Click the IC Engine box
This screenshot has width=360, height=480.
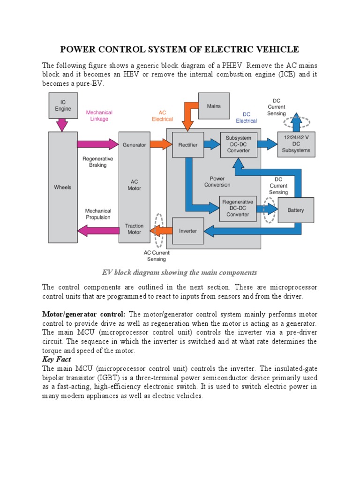(63, 105)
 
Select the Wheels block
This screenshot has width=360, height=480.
(63, 187)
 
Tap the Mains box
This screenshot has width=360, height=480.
(214, 106)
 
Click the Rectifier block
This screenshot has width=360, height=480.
(187, 145)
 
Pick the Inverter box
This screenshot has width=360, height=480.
(187, 231)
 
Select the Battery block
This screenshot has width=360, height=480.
(296, 210)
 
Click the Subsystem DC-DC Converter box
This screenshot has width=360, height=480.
(238, 145)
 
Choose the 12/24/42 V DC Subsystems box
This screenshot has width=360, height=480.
(296, 144)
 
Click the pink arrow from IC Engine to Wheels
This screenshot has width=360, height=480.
(63, 125)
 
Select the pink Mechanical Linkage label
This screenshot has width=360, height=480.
(99, 116)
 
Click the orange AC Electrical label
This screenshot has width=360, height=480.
(162, 116)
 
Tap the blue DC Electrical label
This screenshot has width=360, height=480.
(246, 118)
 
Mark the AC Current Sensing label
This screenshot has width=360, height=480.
(157, 255)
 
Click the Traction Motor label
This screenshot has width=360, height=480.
(134, 229)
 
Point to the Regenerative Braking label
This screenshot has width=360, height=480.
(97, 162)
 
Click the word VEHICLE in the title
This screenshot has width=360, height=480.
(273, 50)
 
